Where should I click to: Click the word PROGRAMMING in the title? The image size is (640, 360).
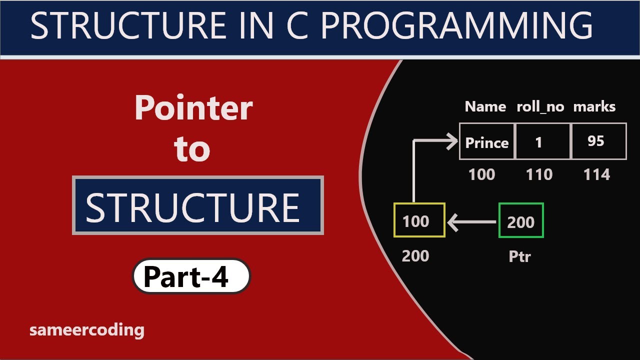(x=456, y=26)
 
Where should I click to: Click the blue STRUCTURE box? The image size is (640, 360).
(x=198, y=205)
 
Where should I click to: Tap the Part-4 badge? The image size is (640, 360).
(x=191, y=276)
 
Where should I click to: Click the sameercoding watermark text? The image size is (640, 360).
(x=87, y=330)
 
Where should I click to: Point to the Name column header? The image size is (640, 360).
(x=485, y=106)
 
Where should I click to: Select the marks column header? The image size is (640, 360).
(x=594, y=106)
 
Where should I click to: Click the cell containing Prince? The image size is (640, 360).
(x=487, y=142)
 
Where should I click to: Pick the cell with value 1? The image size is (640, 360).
(x=539, y=142)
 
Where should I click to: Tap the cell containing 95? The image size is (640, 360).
(x=596, y=141)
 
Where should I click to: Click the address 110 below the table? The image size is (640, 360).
(x=539, y=174)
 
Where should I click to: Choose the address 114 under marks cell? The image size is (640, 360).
(x=597, y=174)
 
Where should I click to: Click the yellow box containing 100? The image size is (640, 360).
(x=419, y=220)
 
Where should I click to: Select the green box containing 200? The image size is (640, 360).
(x=521, y=221)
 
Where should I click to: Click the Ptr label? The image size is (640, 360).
(x=519, y=256)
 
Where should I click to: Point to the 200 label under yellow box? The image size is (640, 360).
(x=415, y=256)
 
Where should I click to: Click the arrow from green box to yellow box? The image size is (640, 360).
(x=472, y=222)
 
